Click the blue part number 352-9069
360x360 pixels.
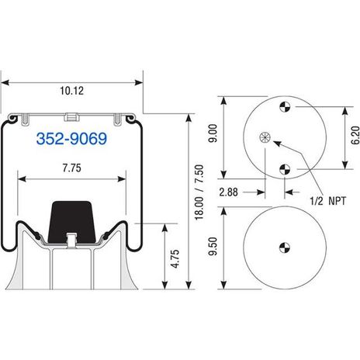[x=71, y=139]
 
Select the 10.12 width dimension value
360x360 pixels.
[x=72, y=91]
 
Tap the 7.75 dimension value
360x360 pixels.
[x=71, y=168]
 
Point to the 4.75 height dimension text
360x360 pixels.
[x=175, y=258]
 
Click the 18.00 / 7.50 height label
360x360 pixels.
[x=199, y=192]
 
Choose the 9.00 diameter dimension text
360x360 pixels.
[x=213, y=133]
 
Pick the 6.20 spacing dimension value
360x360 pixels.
[x=355, y=135]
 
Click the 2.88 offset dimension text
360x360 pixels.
[x=228, y=192]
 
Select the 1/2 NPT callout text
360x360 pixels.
[x=328, y=201]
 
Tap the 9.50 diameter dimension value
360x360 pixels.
[x=213, y=246]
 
